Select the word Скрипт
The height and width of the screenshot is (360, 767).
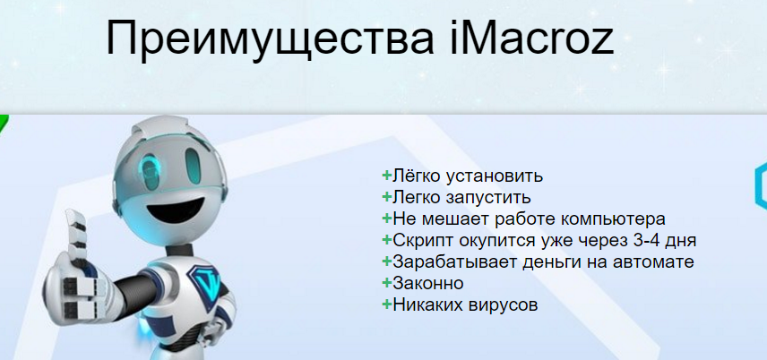(420, 241)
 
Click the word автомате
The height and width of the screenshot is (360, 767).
(653, 262)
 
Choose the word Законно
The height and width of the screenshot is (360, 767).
(427, 284)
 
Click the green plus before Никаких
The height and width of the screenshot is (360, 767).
(386, 305)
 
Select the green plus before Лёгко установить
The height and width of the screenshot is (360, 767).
(386, 176)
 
